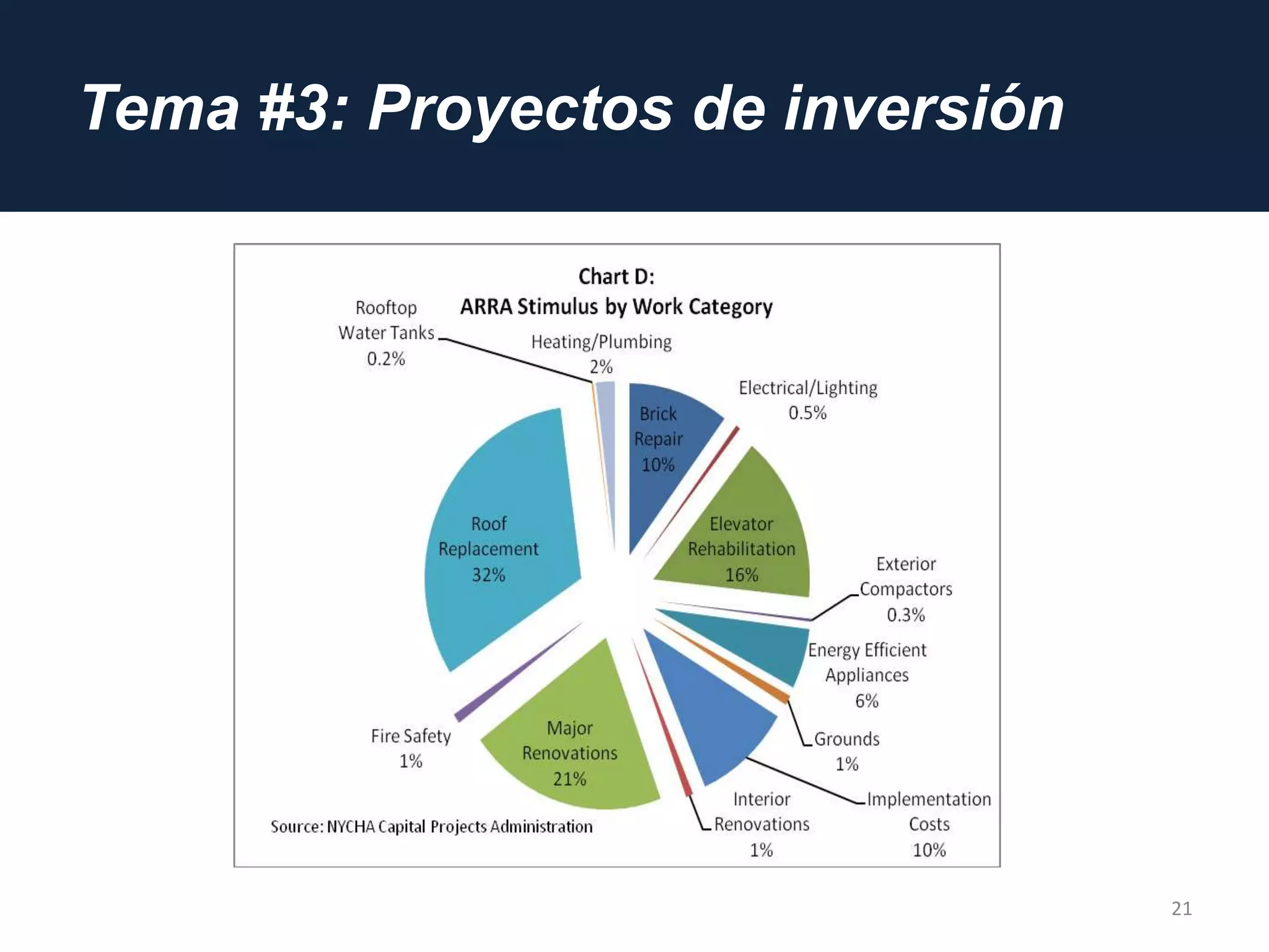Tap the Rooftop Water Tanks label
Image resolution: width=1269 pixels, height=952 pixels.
tap(386, 333)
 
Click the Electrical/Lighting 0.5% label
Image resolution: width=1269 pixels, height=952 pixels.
tap(807, 400)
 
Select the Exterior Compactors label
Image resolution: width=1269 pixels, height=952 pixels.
tap(905, 589)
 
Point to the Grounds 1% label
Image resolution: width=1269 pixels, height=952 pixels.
tap(846, 751)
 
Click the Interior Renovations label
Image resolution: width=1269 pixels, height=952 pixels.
tap(762, 824)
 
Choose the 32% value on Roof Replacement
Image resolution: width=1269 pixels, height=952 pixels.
tap(488, 575)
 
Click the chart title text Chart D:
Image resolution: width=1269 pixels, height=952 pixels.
tap(616, 276)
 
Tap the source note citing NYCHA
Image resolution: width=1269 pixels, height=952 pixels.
tap(431, 827)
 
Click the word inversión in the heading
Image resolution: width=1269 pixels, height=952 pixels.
tap(923, 108)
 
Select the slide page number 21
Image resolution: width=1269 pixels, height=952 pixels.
tap(1181, 909)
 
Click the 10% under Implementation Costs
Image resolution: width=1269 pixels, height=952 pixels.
tap(929, 850)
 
